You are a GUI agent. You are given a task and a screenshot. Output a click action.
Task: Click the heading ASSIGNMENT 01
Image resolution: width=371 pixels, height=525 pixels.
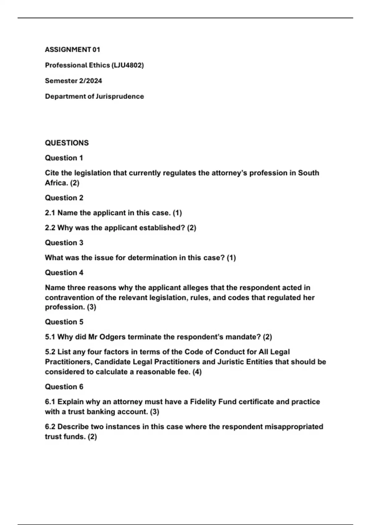point(72,49)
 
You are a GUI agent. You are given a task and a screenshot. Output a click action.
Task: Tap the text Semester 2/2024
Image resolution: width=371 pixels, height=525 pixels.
point(73,81)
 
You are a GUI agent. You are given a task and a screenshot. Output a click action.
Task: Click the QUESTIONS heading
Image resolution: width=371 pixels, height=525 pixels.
point(67,143)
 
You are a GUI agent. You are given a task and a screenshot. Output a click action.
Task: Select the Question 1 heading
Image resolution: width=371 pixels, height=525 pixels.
point(64,158)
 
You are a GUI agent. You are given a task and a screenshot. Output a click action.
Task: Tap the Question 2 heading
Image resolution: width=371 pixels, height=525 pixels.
point(64,198)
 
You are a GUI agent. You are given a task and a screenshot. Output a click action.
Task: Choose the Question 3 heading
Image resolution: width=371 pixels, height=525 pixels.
point(64,243)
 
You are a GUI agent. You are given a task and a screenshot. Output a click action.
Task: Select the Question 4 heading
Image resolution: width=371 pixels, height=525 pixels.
point(64,273)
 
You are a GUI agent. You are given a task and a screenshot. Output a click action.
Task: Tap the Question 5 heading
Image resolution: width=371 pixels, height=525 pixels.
point(64,322)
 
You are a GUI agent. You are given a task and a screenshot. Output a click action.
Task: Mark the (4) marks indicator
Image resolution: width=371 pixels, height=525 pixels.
point(197,372)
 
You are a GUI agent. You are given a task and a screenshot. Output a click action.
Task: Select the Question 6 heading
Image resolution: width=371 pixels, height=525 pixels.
point(64,387)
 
